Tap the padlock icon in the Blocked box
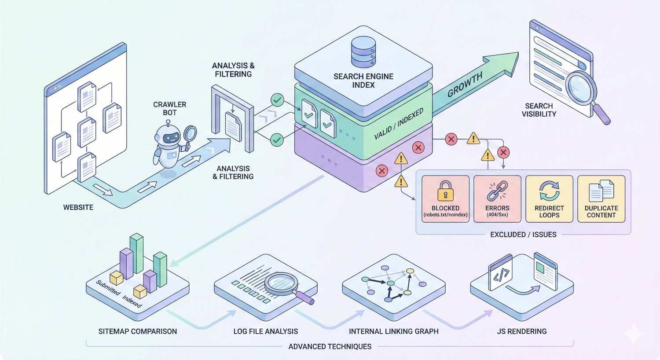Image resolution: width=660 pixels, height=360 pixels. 445,191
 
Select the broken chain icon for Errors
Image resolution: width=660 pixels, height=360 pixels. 497,191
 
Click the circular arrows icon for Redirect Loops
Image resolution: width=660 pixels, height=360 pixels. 549,191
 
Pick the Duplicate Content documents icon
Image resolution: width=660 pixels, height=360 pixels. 601,191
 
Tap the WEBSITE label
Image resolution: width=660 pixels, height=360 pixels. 78,207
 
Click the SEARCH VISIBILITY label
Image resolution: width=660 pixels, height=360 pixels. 539,110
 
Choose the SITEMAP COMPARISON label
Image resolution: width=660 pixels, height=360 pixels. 138,331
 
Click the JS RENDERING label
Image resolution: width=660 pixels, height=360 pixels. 522,331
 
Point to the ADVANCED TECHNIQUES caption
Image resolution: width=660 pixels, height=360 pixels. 330,346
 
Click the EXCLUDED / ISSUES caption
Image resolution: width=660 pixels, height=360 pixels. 523,235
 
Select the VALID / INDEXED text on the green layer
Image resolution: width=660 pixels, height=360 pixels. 399,124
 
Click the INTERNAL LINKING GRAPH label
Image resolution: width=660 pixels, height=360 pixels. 393,331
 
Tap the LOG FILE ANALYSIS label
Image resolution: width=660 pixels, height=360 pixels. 266,331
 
